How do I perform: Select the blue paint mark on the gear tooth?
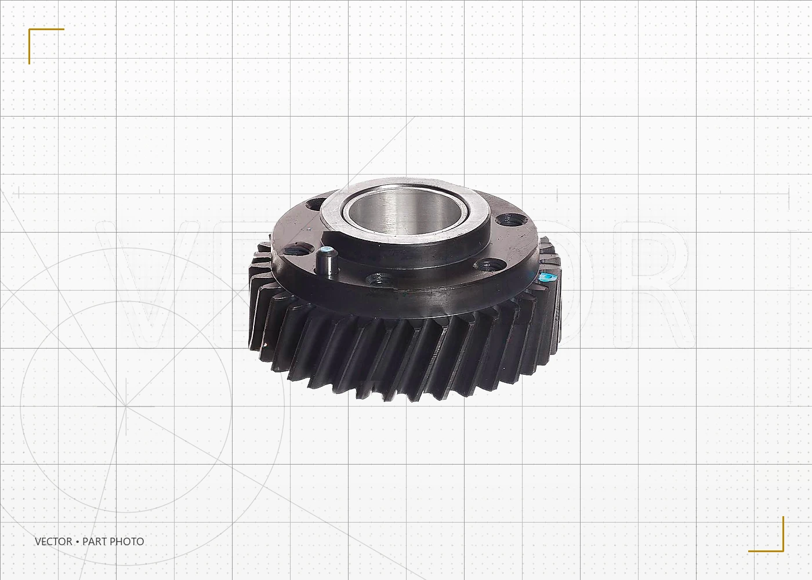(x=545, y=278)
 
